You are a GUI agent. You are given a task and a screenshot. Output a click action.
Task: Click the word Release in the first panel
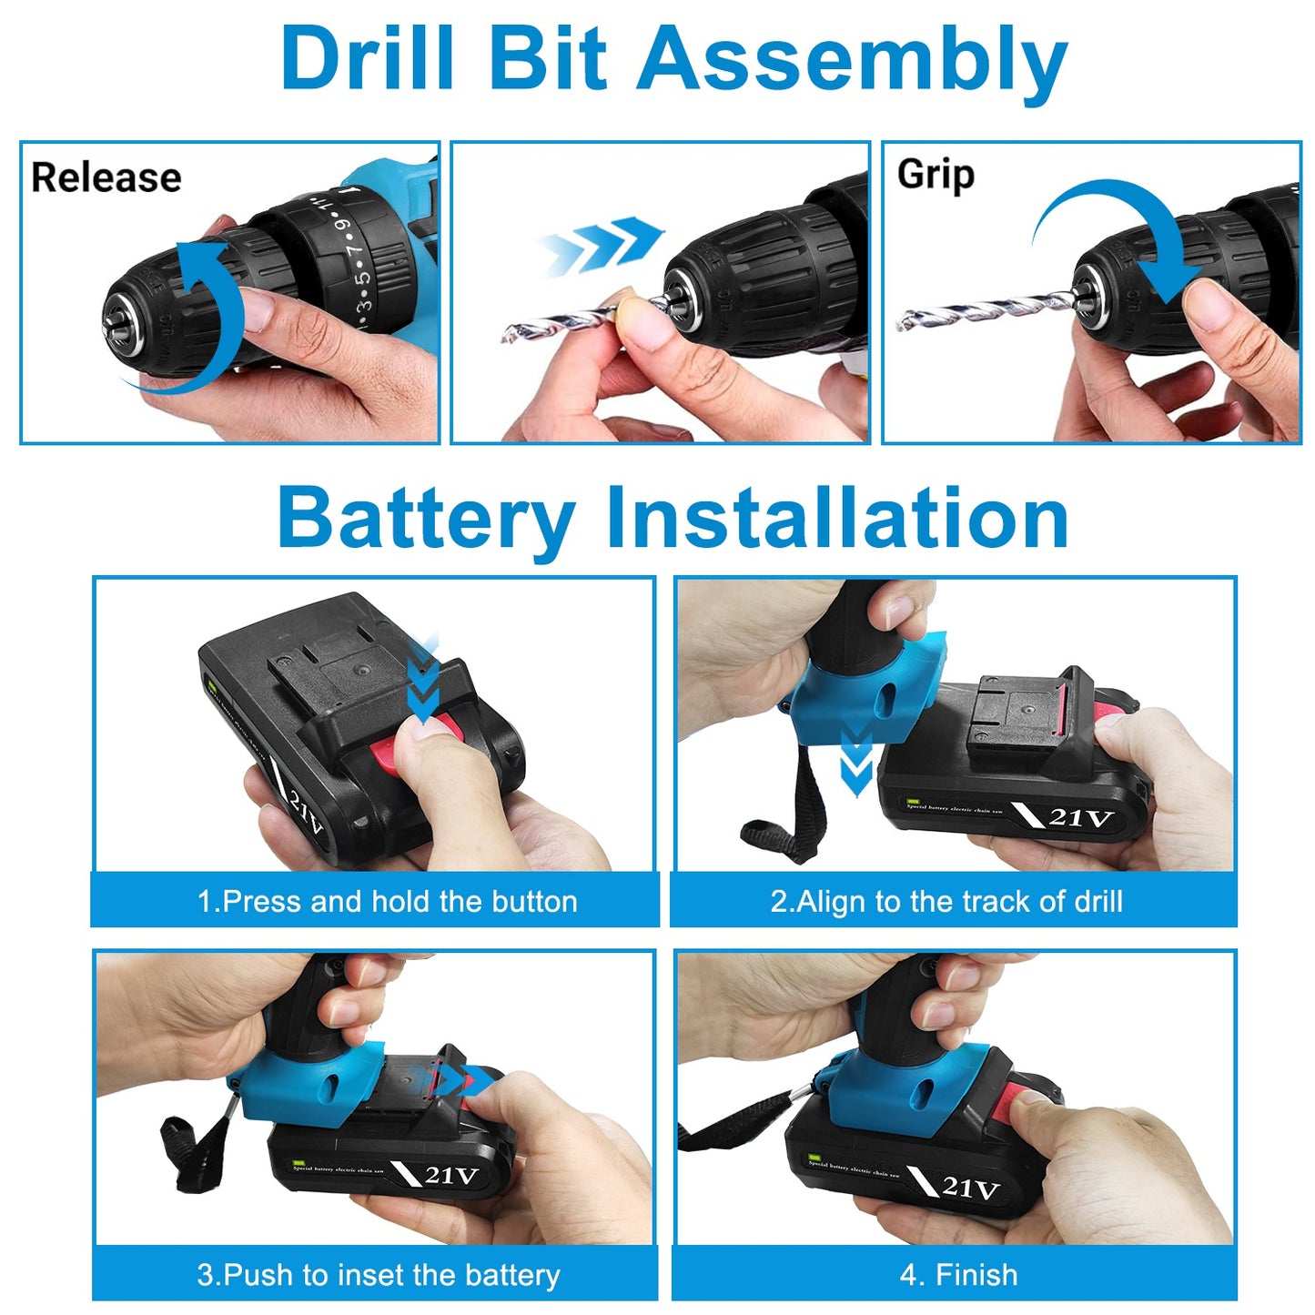coord(106,177)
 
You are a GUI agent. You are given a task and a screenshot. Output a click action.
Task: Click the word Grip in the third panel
coord(935,175)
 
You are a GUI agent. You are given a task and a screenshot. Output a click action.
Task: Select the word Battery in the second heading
coord(426,519)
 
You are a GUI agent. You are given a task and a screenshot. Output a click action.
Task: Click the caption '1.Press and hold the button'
coord(387,901)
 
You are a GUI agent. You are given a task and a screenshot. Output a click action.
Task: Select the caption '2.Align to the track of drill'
coord(946,901)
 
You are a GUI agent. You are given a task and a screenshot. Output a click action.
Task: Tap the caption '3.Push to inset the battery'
coord(378,1274)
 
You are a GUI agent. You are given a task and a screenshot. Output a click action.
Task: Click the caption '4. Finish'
coord(958,1274)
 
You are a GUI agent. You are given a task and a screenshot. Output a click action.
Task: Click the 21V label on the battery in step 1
coord(305,809)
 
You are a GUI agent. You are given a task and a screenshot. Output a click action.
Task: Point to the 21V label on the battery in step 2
coord(1080,816)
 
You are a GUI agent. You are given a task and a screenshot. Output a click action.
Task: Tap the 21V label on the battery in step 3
coord(450,1175)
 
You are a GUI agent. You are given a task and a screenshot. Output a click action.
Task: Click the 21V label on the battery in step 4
coord(969,1187)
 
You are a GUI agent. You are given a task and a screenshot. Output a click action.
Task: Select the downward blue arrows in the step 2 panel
coord(855,760)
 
